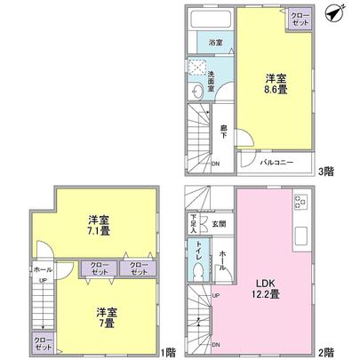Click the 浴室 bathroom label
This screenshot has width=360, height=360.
click(x=216, y=42)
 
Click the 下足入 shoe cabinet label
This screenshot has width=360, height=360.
click(x=193, y=223)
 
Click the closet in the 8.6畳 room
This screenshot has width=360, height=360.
click(x=299, y=19)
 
